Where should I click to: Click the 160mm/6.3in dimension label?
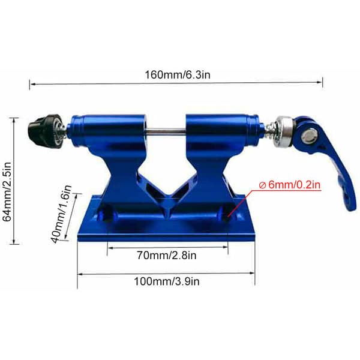[178, 75]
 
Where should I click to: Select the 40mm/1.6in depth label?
[61, 214]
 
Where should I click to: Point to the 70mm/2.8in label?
[167, 256]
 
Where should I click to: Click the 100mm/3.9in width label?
[167, 281]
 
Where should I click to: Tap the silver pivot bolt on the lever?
[309, 138]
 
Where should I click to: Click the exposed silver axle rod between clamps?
[166, 131]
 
